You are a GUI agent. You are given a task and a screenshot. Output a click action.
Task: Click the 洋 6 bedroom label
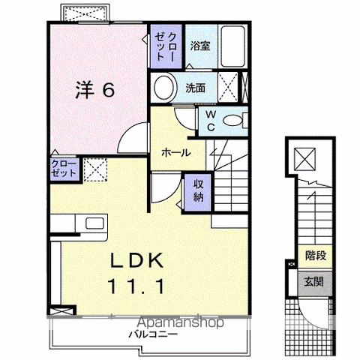(x=95, y=90)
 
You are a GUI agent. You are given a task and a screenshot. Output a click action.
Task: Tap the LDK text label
(x=137, y=260)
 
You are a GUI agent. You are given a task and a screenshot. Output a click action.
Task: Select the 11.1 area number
(x=136, y=286)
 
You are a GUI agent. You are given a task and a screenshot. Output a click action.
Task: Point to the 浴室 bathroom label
(x=200, y=46)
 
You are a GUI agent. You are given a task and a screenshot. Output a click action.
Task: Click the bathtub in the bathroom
(x=232, y=46)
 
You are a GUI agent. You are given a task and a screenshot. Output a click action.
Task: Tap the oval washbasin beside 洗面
(x=163, y=87)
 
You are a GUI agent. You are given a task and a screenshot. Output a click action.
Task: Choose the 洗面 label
(x=195, y=88)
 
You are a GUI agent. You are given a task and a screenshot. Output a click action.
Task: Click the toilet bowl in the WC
(x=232, y=121)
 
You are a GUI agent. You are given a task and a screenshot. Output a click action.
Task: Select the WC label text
(x=211, y=121)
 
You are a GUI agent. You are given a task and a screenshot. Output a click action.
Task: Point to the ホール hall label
(x=176, y=152)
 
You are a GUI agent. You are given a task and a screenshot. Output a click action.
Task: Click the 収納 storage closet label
(x=199, y=191)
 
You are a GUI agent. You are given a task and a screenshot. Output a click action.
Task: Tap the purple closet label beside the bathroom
(x=166, y=46)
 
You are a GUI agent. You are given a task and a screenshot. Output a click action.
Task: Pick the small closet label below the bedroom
(x=64, y=169)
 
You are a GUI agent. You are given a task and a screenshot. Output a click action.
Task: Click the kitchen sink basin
(x=94, y=223)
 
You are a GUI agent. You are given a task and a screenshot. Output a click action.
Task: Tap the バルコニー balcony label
(x=153, y=334)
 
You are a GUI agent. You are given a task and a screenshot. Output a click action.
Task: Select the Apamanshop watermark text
(x=181, y=322)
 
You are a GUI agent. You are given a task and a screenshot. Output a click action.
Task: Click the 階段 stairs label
(x=316, y=256)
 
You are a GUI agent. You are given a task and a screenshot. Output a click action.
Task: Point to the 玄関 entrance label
(x=313, y=282)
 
